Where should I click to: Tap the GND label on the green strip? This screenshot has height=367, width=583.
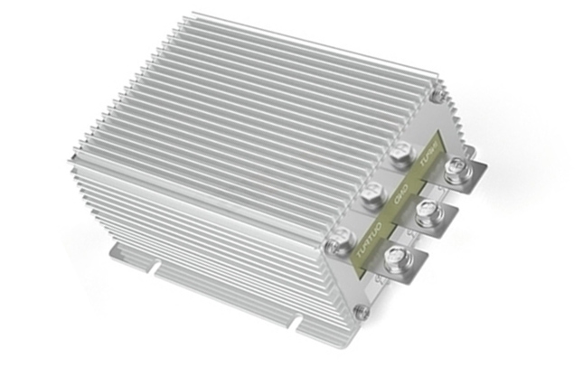coord(401,193)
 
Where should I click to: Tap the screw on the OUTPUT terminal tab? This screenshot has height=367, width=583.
coord(395,260)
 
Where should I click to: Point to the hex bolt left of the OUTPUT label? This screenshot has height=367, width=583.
coord(339,240)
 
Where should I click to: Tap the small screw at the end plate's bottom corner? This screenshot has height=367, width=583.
coord(361,313)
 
